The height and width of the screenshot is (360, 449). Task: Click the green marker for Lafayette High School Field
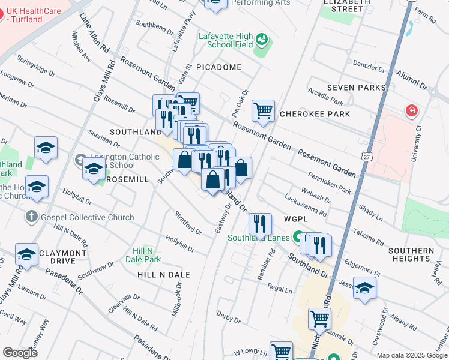pyautogui.click(x=262, y=41)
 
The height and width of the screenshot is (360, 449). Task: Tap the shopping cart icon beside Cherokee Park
pyautogui.click(x=263, y=111)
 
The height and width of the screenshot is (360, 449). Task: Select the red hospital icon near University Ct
pyautogui.click(x=411, y=111)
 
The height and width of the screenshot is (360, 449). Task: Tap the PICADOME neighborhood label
pyautogui.click(x=217, y=67)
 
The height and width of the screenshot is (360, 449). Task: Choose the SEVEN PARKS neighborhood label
pyautogui.click(x=356, y=88)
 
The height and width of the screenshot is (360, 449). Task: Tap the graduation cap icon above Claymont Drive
pyautogui.click(x=26, y=254)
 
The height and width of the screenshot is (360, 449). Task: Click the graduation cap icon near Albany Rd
pyautogui.click(x=364, y=288)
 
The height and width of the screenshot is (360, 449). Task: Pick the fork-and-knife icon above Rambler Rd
pyautogui.click(x=260, y=224)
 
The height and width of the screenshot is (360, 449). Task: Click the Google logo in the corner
pyautogui.click(x=20, y=353)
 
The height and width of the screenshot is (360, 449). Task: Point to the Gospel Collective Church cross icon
pyautogui.click(x=32, y=216)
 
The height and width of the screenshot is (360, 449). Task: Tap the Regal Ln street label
pyautogui.click(x=280, y=290)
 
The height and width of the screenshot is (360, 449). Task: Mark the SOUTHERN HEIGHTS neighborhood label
pyautogui.click(x=411, y=254)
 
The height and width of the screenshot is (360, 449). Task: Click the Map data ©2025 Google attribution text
pyautogui.click(x=412, y=355)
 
